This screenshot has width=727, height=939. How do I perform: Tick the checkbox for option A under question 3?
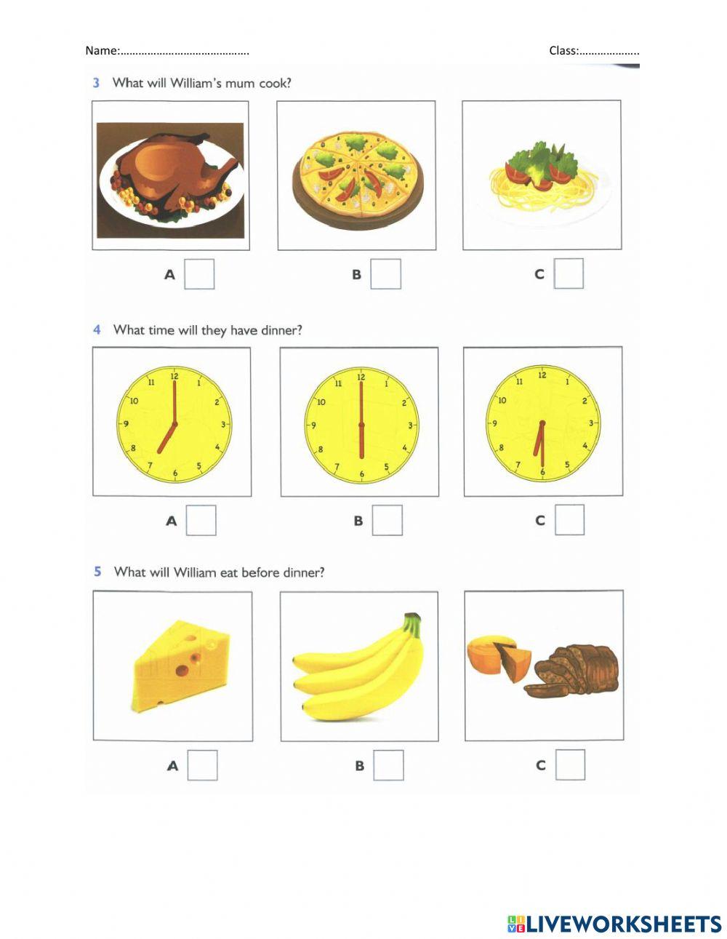(199, 274)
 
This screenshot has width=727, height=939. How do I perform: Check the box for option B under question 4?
(387, 520)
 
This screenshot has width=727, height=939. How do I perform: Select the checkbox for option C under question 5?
(570, 764)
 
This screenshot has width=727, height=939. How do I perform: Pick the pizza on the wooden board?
(356, 178)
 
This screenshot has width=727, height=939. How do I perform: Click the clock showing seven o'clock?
(174, 425)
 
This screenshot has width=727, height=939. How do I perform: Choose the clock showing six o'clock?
(361, 425)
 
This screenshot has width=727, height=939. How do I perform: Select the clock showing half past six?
(542, 424)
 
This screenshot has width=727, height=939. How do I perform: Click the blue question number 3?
(96, 83)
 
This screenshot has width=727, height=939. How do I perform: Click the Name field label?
(102, 50)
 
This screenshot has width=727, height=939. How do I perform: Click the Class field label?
(563, 50)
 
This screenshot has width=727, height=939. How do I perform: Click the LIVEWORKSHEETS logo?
(614, 924)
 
